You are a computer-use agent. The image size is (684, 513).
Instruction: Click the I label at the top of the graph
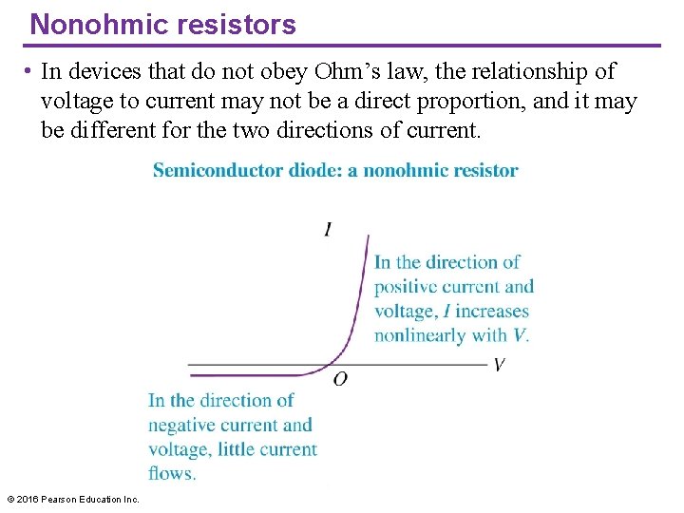328,229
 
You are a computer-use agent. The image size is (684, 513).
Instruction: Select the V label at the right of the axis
500,365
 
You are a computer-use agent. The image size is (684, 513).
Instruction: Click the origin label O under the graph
340,379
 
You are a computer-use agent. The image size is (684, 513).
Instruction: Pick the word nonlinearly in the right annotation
419,335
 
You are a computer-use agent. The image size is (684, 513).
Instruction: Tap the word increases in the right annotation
491,311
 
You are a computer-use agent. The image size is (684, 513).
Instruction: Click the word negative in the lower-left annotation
181,426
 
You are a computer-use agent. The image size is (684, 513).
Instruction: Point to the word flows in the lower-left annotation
171,473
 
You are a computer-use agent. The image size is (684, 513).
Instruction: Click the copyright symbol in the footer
10,500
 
